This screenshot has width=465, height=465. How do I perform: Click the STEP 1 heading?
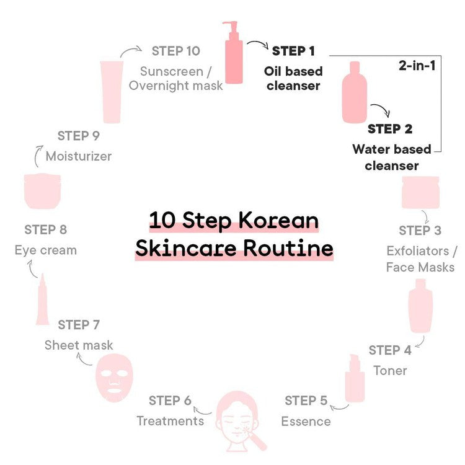coord(293,51)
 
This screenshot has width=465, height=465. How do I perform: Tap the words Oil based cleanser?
coord(293,78)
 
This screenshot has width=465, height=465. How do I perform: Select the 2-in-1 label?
coord(417,65)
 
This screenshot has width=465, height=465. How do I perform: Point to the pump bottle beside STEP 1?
coord(232,53)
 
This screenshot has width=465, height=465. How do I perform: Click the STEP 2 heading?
coord(390,129)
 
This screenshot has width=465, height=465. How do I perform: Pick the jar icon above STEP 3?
coord(420,192)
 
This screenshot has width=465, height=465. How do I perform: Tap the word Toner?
coord(390,371)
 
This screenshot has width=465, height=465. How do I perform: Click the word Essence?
coord(306,422)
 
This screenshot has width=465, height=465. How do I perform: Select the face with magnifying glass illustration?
coord(239,422)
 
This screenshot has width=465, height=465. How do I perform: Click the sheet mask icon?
coord(114,378)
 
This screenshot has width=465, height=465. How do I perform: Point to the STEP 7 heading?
coord(79,325)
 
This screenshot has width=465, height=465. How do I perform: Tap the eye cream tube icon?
coord(42,299)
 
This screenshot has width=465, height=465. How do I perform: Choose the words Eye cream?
coord(46,250)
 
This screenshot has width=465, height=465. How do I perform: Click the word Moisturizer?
coord(79,156)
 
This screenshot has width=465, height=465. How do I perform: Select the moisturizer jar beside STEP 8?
coord(42,191)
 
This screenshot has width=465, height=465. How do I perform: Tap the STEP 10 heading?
coord(176,51)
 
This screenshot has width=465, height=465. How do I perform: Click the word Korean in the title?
coord(278,221)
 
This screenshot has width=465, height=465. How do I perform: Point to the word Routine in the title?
coord(288,249)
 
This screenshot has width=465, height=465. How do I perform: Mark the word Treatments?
coord(170,421)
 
